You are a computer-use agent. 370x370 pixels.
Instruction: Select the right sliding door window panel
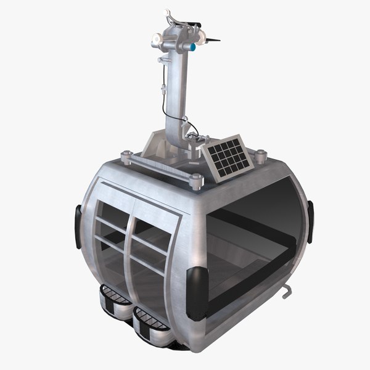[x=151, y=244]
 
